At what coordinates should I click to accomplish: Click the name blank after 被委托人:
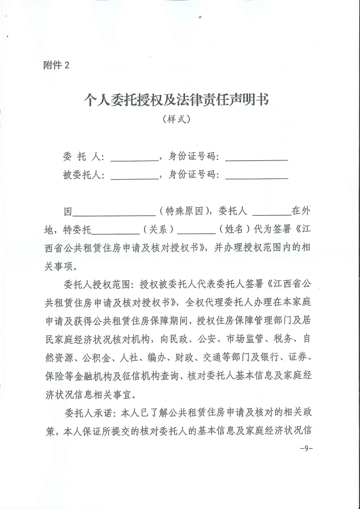[x=134, y=176]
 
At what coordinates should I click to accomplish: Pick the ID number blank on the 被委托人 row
[x=256, y=176]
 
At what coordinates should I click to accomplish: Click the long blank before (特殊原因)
[x=114, y=212]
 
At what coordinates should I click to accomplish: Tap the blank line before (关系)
[x=116, y=230]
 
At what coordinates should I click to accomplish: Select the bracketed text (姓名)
[x=235, y=230]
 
